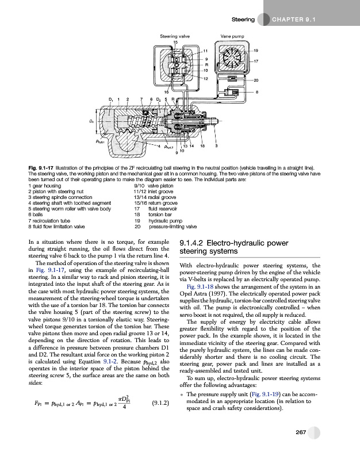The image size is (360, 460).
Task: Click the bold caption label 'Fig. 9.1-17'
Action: coord(39,166)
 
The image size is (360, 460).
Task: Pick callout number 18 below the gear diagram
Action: coord(202,147)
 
